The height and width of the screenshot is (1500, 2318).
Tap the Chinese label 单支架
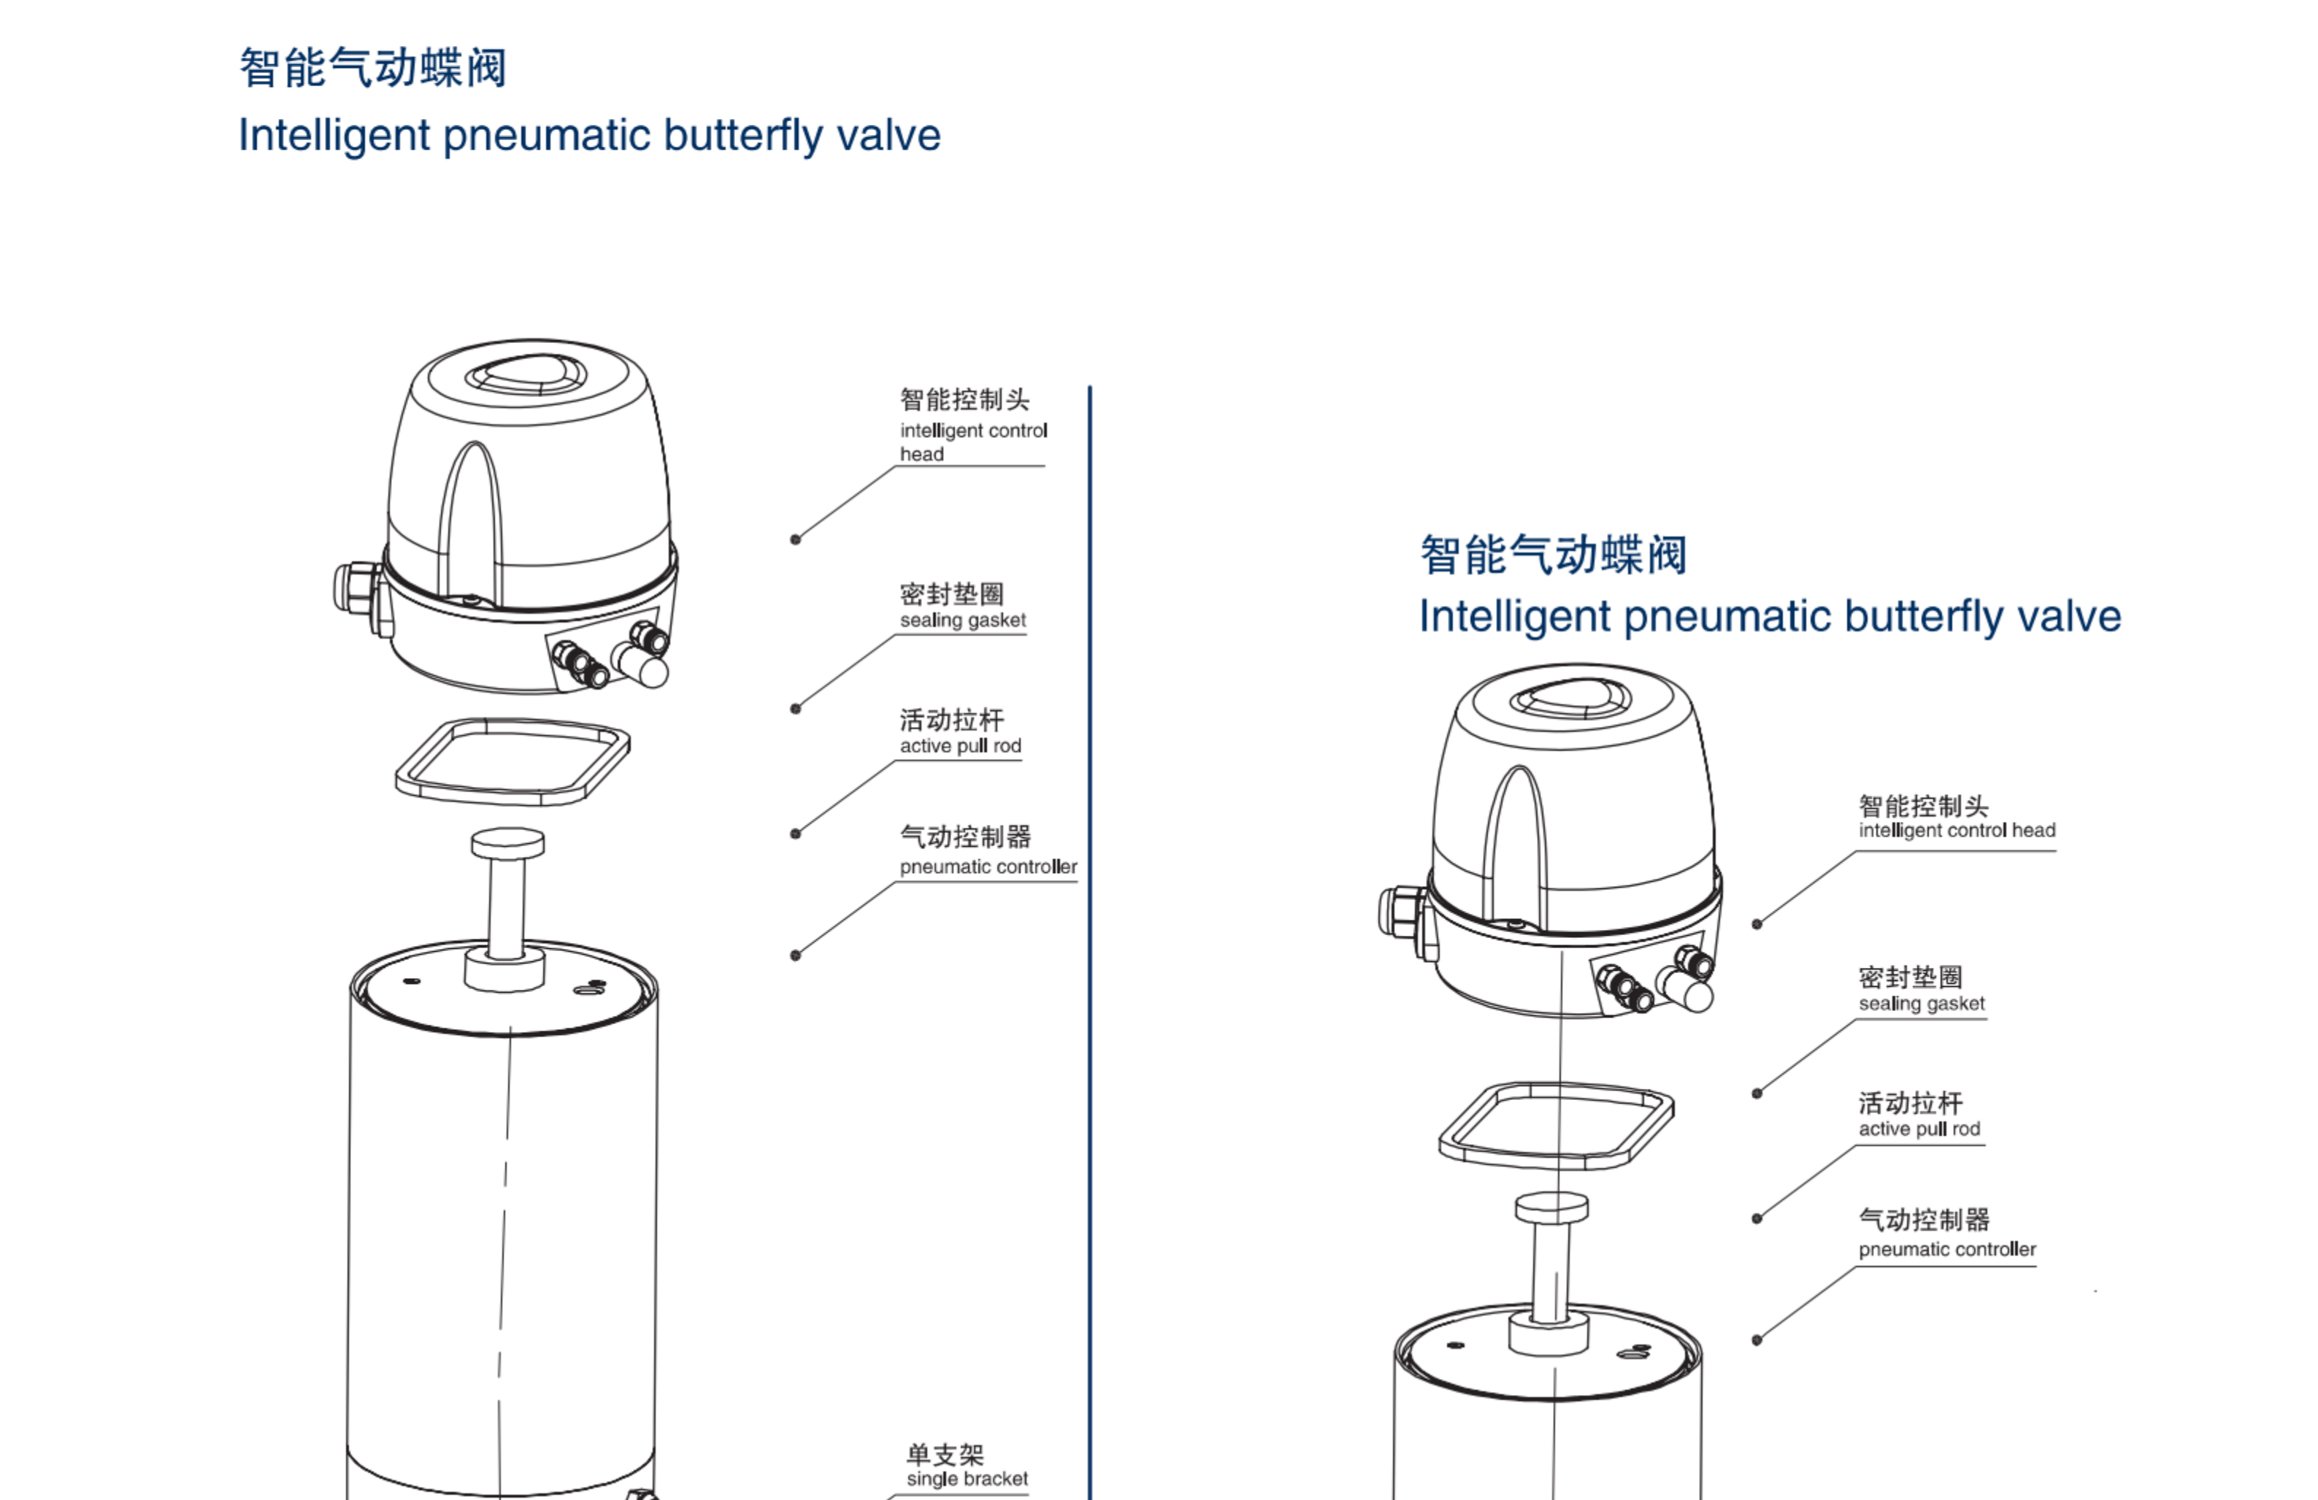(945, 1454)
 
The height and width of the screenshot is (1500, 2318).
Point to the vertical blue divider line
(1090, 877)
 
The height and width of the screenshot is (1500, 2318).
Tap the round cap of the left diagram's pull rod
(507, 842)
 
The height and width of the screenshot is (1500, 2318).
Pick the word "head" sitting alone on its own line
(921, 455)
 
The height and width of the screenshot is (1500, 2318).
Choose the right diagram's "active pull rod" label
(1919, 1129)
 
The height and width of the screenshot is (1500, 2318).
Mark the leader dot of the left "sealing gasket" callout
(796, 709)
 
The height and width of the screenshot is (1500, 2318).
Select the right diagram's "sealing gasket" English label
(1921, 1003)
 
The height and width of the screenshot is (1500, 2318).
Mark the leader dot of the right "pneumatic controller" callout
(1757, 1340)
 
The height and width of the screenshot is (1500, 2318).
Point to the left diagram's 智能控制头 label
(964, 399)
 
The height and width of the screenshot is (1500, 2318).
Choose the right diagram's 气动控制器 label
(1924, 1220)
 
